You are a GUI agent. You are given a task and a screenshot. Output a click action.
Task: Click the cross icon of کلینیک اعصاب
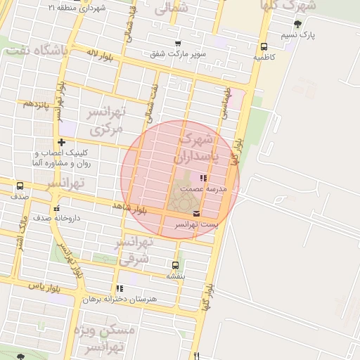[x=62, y=143]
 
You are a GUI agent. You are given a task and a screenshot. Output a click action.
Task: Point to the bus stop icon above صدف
[x=20, y=186]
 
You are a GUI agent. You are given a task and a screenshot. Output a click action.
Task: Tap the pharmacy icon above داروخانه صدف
[x=56, y=208]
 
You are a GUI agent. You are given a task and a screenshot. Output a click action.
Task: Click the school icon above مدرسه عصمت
[x=203, y=179]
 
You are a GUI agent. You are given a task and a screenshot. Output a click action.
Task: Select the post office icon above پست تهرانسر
[x=195, y=213]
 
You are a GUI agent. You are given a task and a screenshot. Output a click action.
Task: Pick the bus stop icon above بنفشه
[x=175, y=265]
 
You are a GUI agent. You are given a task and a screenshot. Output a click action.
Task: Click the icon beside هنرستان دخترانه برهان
[x=120, y=288]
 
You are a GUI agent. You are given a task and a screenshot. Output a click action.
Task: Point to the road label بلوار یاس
[x=44, y=286]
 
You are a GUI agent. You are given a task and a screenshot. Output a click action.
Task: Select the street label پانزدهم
[x=37, y=104]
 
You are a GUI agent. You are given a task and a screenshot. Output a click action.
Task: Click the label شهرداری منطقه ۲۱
[x=77, y=7]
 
